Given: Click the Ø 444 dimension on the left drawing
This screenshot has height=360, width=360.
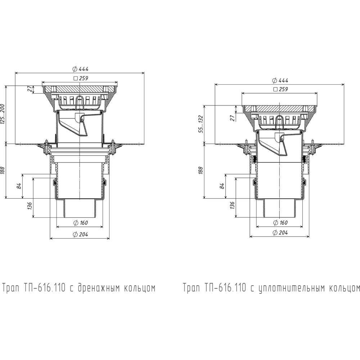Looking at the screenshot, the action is tap(80, 69).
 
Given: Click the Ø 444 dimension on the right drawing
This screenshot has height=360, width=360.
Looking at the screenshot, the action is tap(280, 80).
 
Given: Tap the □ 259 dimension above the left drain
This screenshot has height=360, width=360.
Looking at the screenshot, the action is tap(81, 78).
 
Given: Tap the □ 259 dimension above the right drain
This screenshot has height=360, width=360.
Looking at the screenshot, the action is tap(280, 89).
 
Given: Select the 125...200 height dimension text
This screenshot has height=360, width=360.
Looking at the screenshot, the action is tap(3, 114).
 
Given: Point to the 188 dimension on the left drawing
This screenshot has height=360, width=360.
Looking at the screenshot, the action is tap(3, 171).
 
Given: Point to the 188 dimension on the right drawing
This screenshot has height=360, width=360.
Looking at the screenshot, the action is tap(201, 171).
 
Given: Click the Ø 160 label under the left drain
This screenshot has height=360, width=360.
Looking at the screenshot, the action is tap(80, 223).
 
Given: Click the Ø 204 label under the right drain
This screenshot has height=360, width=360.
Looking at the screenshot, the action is tap(280, 233).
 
